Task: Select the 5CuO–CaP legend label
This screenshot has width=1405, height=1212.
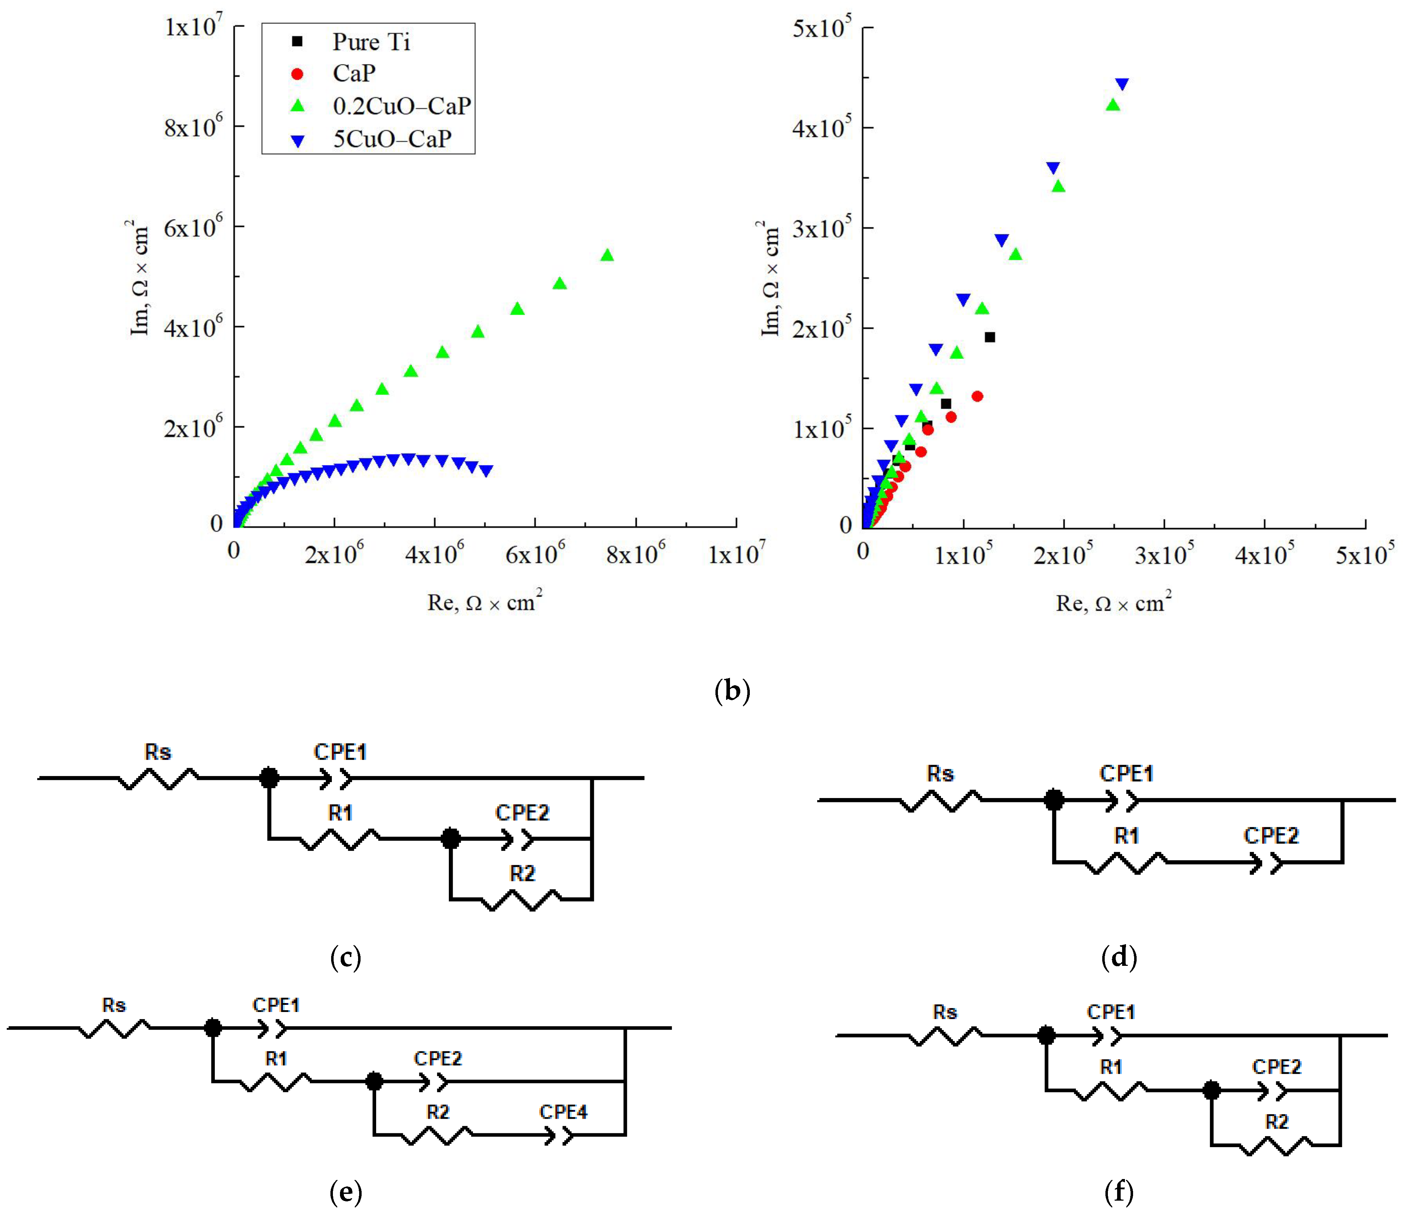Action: tap(392, 139)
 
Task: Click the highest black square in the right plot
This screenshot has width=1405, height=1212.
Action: tap(989, 337)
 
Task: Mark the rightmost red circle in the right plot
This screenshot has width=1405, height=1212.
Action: tap(977, 396)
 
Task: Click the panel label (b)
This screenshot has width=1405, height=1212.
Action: tap(732, 691)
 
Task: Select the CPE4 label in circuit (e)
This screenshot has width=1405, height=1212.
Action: tap(563, 1112)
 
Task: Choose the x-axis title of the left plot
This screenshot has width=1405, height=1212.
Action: tap(484, 602)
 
